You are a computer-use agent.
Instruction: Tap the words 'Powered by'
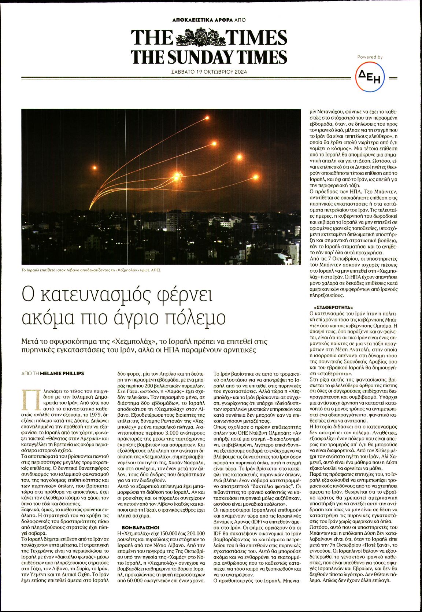(x=370, y=57)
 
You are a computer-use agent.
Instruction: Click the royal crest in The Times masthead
(x=200, y=38)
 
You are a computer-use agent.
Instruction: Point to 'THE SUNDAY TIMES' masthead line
(x=209, y=57)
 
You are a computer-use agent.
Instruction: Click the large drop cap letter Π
(x=29, y=399)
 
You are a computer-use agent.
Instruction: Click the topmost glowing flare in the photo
(x=207, y=118)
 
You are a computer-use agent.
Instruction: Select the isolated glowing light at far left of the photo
(x=95, y=168)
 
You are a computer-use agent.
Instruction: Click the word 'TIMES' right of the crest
(x=256, y=38)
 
